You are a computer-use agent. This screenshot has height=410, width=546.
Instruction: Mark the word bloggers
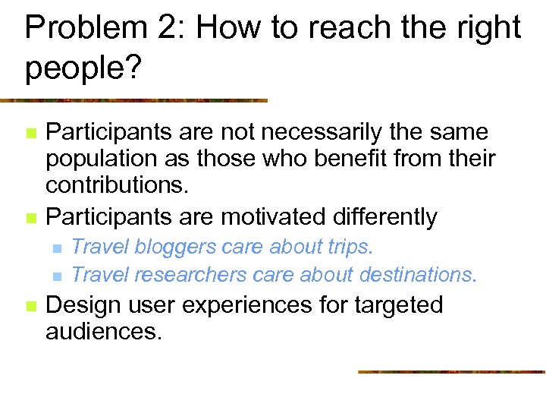[x=174, y=248]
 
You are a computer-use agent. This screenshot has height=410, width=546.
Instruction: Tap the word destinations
[x=418, y=274]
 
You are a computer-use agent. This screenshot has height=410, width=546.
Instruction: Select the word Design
[x=81, y=305]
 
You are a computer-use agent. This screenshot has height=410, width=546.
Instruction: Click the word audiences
[x=104, y=332]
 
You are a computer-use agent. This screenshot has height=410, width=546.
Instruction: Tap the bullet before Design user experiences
[x=30, y=306]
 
